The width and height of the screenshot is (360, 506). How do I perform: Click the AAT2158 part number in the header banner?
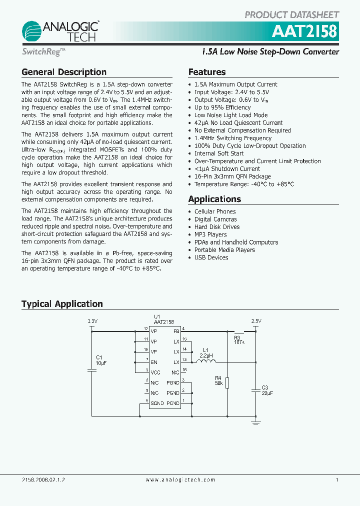[304, 31]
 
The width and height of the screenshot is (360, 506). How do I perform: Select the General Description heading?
[64, 72]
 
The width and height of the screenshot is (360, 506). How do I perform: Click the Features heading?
[207, 72]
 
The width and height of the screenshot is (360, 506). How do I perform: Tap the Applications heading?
[214, 199]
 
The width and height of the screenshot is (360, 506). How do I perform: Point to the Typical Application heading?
[62, 304]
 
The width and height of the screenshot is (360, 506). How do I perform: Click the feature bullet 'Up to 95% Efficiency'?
[222, 107]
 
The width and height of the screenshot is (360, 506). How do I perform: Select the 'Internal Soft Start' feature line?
[219, 153]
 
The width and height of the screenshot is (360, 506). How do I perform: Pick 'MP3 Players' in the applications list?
[210, 234]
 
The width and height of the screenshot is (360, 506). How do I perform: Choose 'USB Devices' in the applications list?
[211, 257]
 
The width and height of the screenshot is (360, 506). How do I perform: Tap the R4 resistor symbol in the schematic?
[227, 382]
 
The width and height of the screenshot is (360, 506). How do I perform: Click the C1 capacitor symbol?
[92, 370]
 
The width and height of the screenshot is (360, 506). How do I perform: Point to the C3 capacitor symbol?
[256, 387]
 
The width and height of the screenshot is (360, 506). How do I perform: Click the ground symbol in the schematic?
[256, 422]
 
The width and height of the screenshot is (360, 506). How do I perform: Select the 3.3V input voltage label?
[92, 321]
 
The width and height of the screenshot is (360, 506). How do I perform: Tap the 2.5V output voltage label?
[256, 321]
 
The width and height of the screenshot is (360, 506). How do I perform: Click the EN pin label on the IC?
[154, 362]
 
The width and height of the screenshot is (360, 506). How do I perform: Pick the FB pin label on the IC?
[176, 331]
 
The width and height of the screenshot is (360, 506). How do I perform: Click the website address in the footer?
[180, 480]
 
